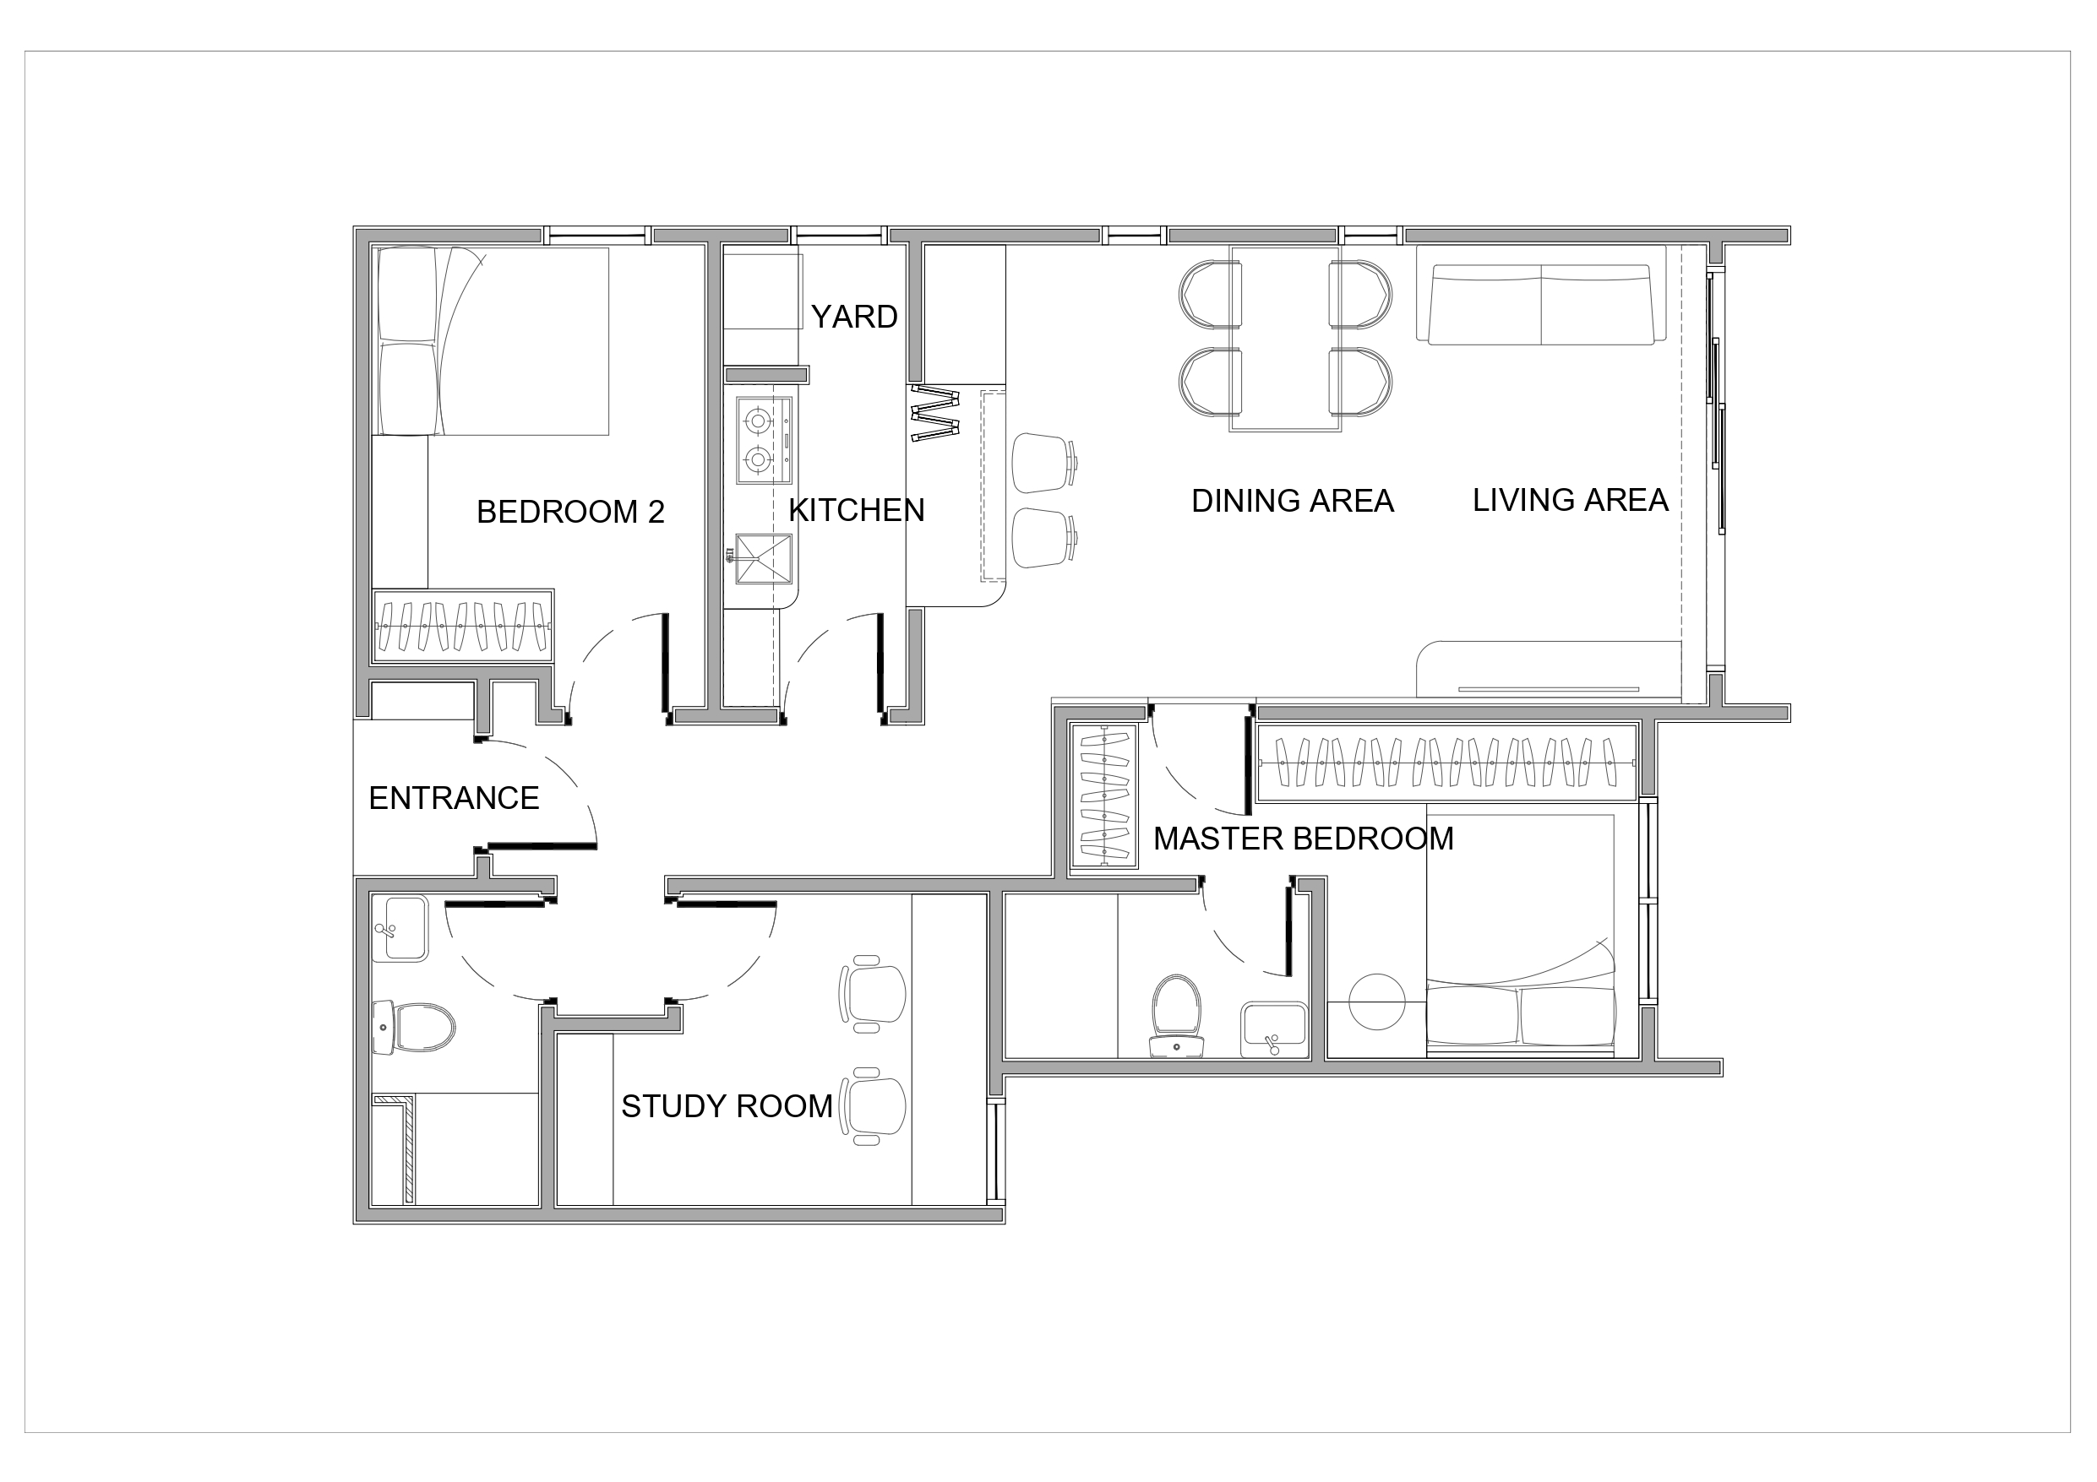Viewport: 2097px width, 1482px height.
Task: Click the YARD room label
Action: pyautogui.click(x=854, y=317)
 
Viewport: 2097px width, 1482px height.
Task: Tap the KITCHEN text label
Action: pyautogui.click(x=857, y=510)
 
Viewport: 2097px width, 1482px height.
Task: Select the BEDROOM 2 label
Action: pyautogui.click(x=571, y=513)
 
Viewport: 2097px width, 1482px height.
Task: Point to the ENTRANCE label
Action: pyautogui.click(x=454, y=799)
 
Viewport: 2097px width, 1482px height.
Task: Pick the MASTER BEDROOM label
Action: pyautogui.click(x=1304, y=839)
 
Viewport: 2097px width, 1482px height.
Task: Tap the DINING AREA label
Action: pyautogui.click(x=1293, y=502)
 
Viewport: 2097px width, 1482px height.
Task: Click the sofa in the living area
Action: pyautogui.click(x=1541, y=304)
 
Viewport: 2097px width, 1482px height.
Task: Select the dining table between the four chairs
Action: pyautogui.click(x=1285, y=339)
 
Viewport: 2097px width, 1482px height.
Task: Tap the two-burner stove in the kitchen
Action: pyautogui.click(x=764, y=440)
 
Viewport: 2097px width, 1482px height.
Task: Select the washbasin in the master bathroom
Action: pyautogui.click(x=1273, y=1030)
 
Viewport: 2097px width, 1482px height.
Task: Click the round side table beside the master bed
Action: pyautogui.click(x=1376, y=1002)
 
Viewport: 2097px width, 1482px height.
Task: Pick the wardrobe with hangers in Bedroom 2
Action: pyautogui.click(x=463, y=626)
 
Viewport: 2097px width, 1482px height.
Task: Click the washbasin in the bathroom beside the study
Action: pyautogui.click(x=400, y=929)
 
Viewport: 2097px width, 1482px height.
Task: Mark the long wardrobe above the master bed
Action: pyautogui.click(x=1446, y=763)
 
